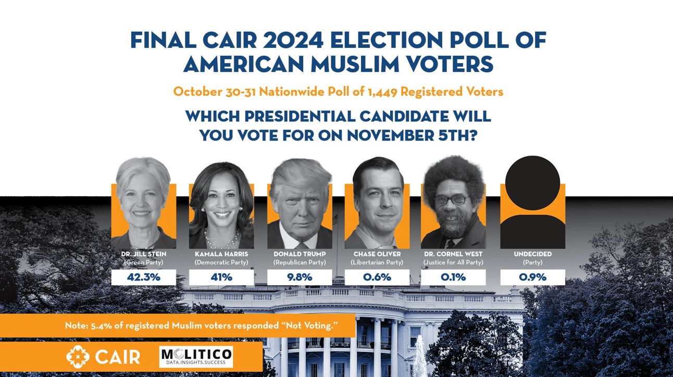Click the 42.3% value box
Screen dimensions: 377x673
[x=144, y=277]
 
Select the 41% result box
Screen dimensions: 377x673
[x=221, y=277]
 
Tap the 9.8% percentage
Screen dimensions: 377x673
[x=300, y=277]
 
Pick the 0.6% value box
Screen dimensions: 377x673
[x=377, y=277]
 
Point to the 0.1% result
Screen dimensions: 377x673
[x=453, y=277]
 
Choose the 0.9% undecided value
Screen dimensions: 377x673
[x=532, y=277]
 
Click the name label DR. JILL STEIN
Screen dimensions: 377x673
[x=144, y=254]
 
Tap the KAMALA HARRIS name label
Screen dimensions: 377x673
[x=221, y=254]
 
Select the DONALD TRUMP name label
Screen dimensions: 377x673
[x=300, y=254]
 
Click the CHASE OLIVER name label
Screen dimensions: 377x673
[x=377, y=254]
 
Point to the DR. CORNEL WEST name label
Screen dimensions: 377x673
[x=453, y=254]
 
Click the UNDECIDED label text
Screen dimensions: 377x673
[x=532, y=254]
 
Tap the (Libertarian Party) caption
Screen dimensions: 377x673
[x=377, y=262]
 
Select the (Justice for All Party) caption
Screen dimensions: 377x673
[x=453, y=262]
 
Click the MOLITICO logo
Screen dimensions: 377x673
[x=196, y=357]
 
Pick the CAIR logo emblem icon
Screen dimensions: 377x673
[x=78, y=357]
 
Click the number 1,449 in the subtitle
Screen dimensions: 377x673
[x=382, y=92]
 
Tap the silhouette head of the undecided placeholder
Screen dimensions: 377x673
[x=532, y=183]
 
